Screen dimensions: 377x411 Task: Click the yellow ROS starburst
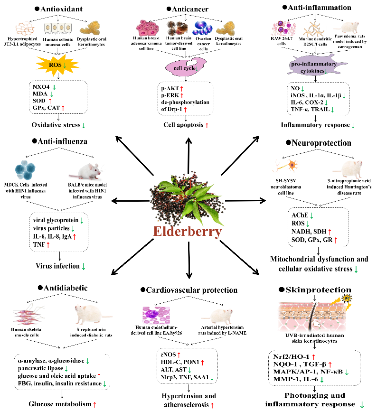57,64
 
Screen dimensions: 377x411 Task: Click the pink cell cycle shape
186,67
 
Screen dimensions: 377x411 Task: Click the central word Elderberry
188,232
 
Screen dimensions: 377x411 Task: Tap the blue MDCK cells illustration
25,170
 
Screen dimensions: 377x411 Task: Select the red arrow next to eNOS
179,355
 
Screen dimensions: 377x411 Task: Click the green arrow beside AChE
312,216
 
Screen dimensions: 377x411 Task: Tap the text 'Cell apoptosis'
183,125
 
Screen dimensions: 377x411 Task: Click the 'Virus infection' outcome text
57,266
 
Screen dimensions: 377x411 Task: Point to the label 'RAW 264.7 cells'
282,41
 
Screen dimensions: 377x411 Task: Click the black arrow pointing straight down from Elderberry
189,260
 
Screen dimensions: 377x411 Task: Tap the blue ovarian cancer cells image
202,28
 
